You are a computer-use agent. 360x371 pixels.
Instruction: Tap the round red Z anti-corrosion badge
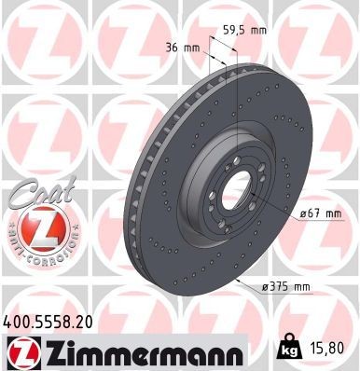tap(33, 227)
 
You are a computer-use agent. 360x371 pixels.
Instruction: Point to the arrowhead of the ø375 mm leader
tap(239, 277)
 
